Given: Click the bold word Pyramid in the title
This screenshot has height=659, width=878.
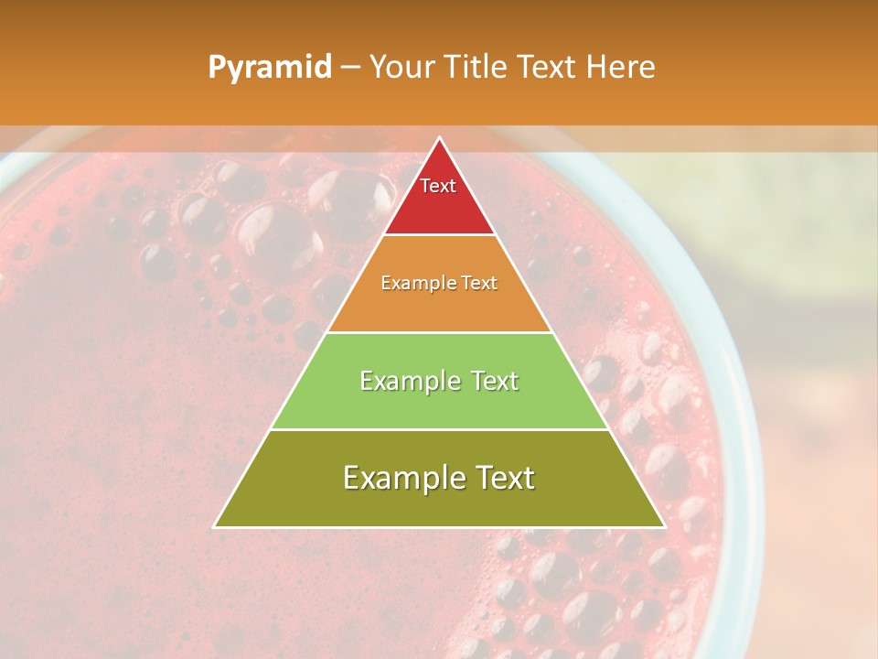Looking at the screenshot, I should pyautogui.click(x=269, y=68).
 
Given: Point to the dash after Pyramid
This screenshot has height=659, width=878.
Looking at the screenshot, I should pyautogui.click(x=350, y=68).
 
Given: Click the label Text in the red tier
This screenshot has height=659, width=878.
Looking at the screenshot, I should pyautogui.click(x=438, y=186).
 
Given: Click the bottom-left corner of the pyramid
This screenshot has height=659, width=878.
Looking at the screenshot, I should pyautogui.click(x=215, y=526).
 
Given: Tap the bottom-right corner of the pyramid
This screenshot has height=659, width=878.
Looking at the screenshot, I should pyautogui.click(x=664, y=526).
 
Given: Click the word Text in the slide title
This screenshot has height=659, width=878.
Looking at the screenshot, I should pyautogui.click(x=547, y=67).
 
